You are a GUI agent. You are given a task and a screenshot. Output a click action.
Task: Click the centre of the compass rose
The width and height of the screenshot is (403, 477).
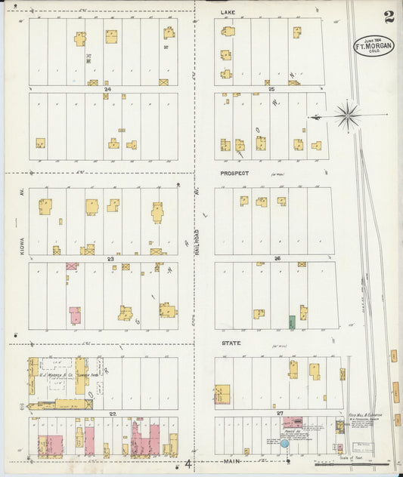tap(347, 115)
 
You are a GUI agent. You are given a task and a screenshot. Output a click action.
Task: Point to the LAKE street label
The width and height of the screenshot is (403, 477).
tap(228, 13)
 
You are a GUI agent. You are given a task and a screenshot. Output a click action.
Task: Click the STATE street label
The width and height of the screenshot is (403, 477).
tap(230, 343)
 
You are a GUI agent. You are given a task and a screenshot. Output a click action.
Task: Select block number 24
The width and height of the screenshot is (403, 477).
tap(109, 89)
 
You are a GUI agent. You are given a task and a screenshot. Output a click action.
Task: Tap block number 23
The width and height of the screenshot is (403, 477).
tap(110, 259)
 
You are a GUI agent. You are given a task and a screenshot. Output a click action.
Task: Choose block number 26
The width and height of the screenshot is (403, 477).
tap(277, 259)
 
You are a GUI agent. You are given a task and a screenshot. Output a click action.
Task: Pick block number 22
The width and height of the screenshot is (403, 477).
tap(112, 414)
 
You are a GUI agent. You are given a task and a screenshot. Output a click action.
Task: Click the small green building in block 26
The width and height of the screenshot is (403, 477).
tap(292, 322)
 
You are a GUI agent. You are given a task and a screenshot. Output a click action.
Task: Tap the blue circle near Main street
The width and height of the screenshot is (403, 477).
tap(284, 443)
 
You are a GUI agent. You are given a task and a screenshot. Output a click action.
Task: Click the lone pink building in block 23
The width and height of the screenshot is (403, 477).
tap(75, 315)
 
